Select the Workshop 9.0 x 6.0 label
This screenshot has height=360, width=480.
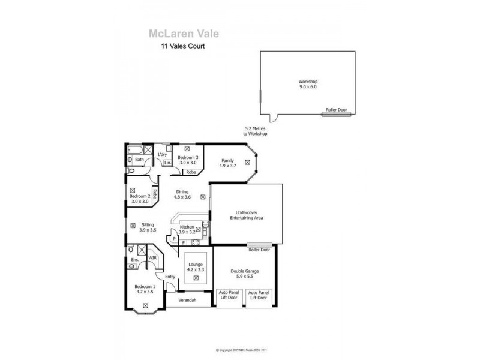307,84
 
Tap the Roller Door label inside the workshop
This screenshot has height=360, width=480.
336,110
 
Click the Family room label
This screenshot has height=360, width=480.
227,163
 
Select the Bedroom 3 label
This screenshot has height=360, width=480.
188,160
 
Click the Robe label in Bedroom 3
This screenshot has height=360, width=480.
191,172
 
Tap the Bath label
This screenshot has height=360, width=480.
139,160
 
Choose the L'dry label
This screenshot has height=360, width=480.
162,155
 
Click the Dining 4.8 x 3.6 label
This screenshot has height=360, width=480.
182,194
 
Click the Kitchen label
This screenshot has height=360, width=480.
187,229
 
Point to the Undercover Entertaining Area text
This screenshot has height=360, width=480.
247,215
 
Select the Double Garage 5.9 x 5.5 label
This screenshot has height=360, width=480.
244,274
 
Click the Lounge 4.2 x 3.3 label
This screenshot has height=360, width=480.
196,267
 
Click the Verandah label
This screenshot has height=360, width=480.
188,300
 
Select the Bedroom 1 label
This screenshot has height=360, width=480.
145,289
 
